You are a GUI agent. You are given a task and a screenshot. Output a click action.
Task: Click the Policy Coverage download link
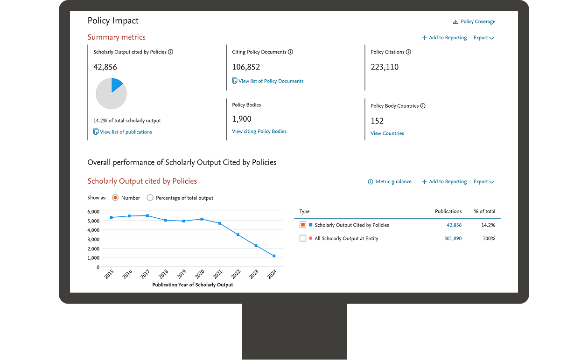(x=474, y=21)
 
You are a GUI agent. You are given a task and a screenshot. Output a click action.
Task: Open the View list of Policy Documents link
(x=271, y=81)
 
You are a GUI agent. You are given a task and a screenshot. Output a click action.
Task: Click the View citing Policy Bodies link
(x=259, y=132)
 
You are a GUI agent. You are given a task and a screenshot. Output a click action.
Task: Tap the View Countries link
(x=387, y=133)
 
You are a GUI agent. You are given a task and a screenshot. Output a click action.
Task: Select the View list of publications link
(x=126, y=132)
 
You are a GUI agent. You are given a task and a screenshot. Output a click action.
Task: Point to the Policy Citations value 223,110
(x=385, y=67)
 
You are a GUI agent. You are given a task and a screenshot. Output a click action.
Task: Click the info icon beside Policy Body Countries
(x=423, y=106)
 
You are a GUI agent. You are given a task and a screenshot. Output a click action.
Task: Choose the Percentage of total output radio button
(x=150, y=198)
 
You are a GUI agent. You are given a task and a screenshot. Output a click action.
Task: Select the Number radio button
(x=115, y=198)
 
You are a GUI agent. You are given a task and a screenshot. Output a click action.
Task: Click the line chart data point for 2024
(x=274, y=256)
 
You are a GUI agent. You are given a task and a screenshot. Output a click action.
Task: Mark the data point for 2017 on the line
(x=147, y=216)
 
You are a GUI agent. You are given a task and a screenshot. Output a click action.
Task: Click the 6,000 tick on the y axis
(x=93, y=212)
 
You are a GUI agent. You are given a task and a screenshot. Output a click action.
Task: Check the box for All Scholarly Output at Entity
(x=303, y=238)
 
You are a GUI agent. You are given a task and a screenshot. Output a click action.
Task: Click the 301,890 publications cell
(x=453, y=239)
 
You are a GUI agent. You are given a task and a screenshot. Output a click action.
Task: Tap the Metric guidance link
(x=390, y=182)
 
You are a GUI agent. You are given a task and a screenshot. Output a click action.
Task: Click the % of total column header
(x=484, y=211)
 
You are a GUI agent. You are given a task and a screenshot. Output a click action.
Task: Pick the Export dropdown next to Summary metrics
(x=483, y=38)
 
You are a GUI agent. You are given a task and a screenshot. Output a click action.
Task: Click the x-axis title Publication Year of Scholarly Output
(x=192, y=285)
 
